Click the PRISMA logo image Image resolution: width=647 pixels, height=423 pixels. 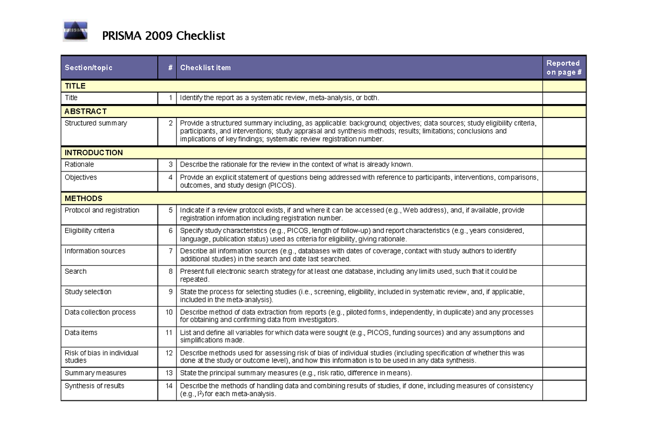click(x=75, y=32)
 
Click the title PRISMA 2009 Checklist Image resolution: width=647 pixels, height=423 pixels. click(x=163, y=36)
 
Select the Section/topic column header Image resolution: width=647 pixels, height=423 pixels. click(x=88, y=68)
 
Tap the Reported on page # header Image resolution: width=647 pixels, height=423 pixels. click(x=563, y=68)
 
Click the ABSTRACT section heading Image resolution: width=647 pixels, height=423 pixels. click(x=86, y=112)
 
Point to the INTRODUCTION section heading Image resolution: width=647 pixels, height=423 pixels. click(x=94, y=152)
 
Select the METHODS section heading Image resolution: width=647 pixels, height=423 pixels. click(x=84, y=198)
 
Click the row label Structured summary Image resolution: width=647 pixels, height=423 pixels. click(x=96, y=123)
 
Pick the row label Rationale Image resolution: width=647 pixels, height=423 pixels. click(x=79, y=164)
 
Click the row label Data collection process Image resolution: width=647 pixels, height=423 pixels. click(x=100, y=312)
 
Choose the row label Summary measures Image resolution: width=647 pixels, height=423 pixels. click(x=95, y=373)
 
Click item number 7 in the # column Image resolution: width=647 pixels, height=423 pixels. click(x=170, y=251)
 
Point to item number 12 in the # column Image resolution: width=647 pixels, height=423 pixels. click(x=169, y=353)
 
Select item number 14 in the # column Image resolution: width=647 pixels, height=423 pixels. click(x=169, y=386)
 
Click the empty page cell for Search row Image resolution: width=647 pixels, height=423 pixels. click(x=563, y=275)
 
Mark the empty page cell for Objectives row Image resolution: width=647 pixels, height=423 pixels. click(x=563, y=181)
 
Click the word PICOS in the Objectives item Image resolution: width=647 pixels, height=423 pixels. click(x=279, y=185)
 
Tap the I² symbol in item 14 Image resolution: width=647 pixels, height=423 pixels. click(x=199, y=394)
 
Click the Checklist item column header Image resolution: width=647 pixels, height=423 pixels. click(x=205, y=68)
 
